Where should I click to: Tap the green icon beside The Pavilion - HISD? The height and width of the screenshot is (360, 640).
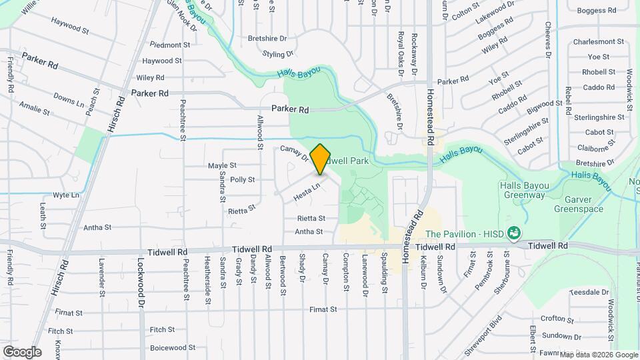(x=514, y=233)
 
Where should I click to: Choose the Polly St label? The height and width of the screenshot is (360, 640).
(x=242, y=179)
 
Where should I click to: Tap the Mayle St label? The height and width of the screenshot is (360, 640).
(x=222, y=165)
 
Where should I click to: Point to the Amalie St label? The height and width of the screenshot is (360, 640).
(x=35, y=108)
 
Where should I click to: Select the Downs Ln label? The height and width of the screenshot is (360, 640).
(x=69, y=101)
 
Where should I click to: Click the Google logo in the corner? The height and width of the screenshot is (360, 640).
(x=21, y=352)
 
